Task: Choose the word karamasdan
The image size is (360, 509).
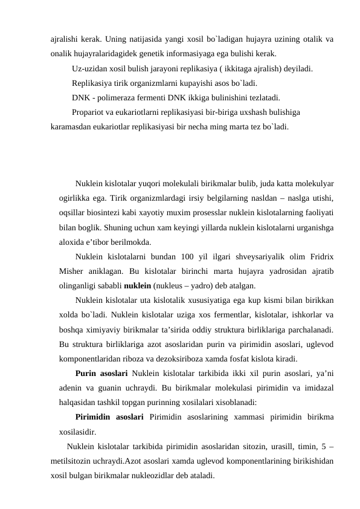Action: coord(72,127)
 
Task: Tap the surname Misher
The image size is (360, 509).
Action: coord(72,271)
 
